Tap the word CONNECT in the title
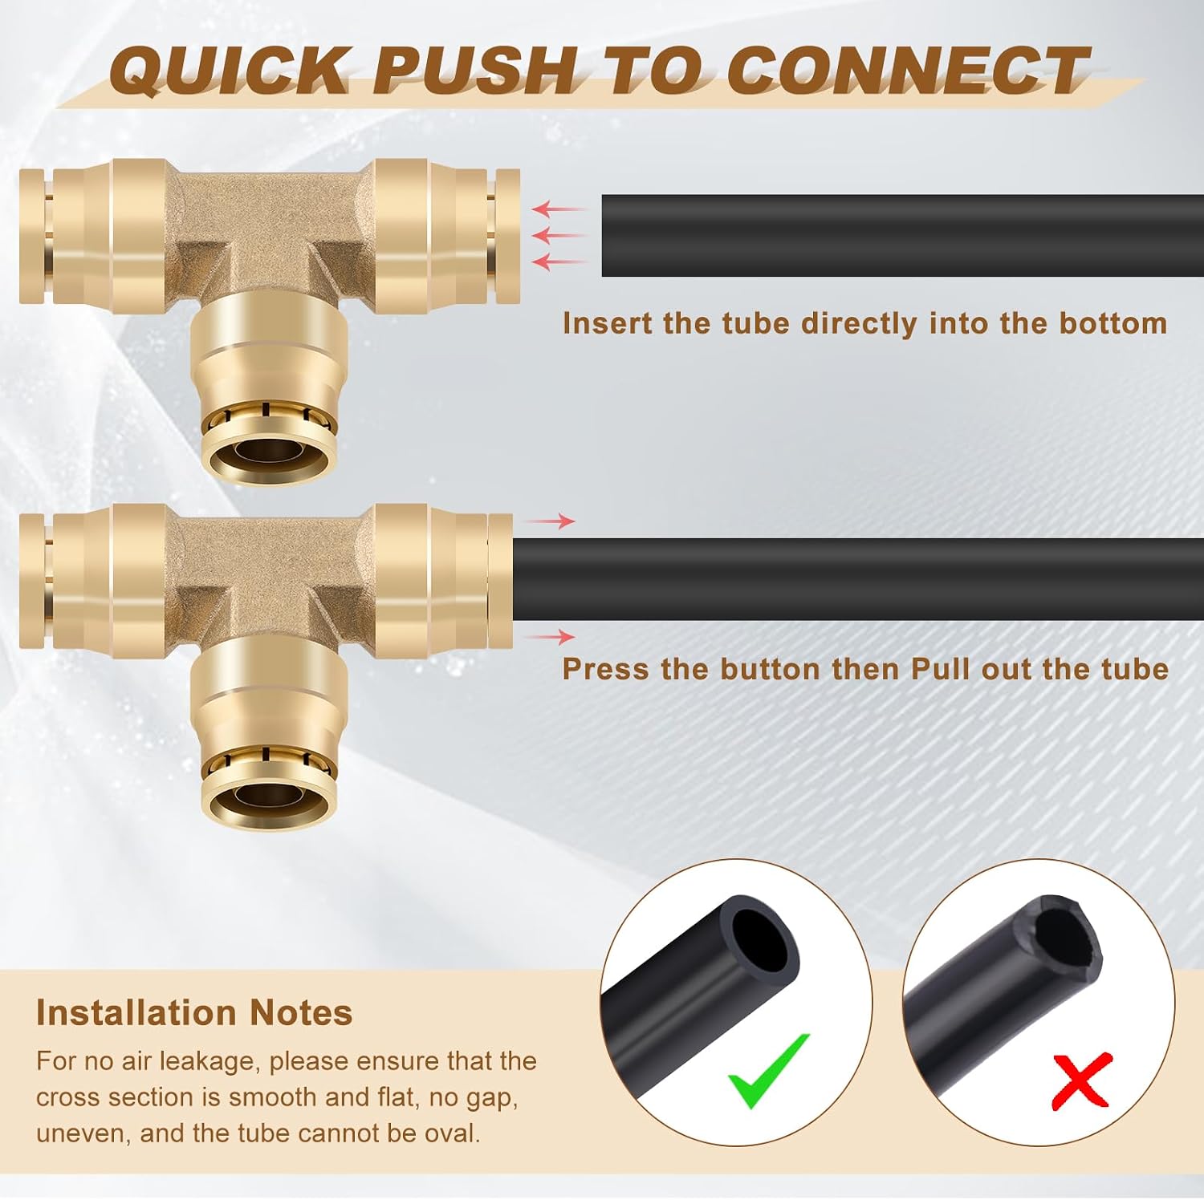pos(908,70)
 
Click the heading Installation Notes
pos(194,1012)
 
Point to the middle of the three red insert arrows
pos(559,236)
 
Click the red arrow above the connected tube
pos(550,521)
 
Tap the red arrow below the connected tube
pos(550,637)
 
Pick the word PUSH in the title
pos(474,70)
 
